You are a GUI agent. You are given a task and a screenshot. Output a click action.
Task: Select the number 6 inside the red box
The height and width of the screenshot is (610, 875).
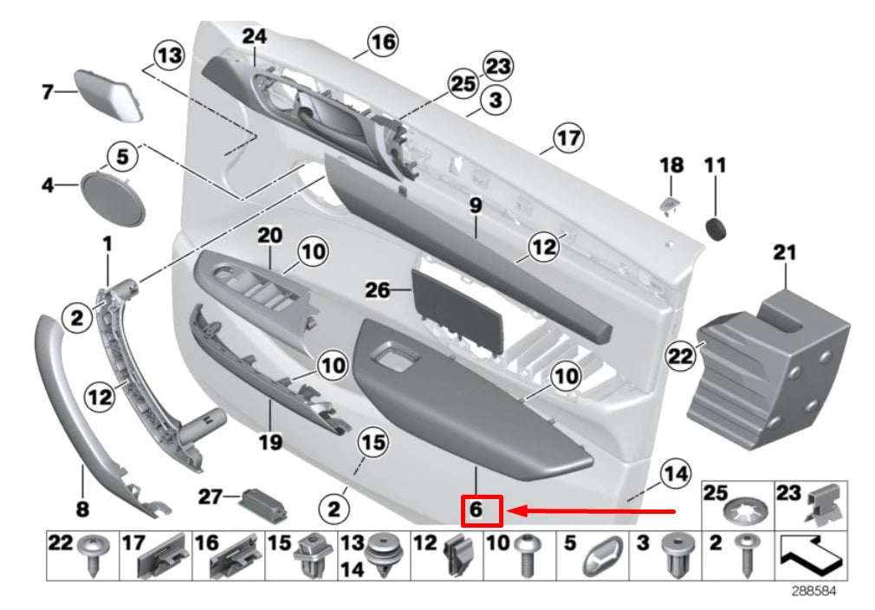point(476,509)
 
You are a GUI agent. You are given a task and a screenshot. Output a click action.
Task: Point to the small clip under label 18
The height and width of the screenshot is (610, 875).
point(670,205)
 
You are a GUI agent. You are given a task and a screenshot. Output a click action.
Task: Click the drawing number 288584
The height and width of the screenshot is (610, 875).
point(814,590)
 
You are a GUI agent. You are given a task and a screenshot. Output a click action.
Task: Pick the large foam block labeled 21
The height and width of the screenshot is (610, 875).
point(769,368)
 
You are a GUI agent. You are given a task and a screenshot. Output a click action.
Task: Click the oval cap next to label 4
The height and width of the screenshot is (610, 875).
point(113,198)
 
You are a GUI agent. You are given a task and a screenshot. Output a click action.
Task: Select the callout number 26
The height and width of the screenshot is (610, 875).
point(377,290)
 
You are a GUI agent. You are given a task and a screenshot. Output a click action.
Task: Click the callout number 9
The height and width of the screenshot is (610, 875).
point(476,205)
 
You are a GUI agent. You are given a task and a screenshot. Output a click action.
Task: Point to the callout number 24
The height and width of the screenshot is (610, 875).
point(255,36)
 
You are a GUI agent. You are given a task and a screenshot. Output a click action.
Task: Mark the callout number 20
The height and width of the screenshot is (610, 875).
point(270,236)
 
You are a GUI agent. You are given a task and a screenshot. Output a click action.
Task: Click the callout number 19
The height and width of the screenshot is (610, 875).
point(270,443)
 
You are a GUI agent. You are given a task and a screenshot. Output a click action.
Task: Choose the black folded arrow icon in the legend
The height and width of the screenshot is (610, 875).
point(811,556)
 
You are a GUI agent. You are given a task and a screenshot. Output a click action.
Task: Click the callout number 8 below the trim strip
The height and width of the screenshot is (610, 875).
point(82,509)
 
